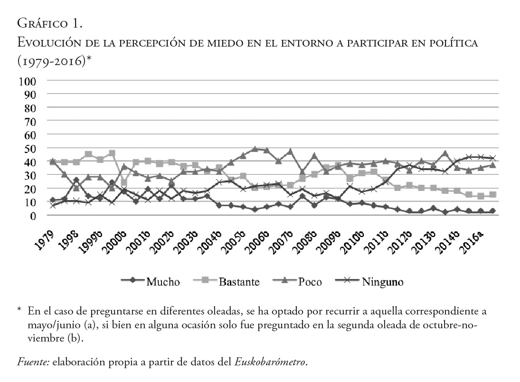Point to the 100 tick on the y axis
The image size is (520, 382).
coord(28,81)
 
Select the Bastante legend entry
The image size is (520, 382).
coord(239,282)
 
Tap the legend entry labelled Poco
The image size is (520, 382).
coord(310,282)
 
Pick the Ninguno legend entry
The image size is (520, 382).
coord(382,282)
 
